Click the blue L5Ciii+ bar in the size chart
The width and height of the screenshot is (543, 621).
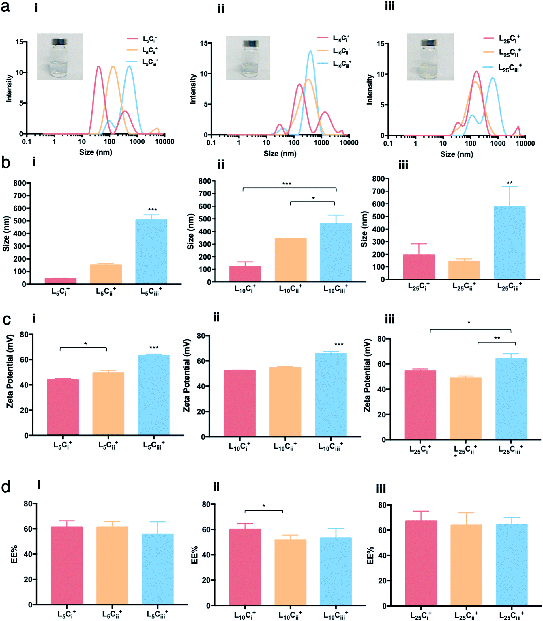[151, 251]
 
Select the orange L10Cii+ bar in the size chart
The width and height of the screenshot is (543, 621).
[290, 260]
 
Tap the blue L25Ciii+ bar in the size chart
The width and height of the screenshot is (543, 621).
[509, 243]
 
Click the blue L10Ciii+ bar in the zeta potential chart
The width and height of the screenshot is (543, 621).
[331, 395]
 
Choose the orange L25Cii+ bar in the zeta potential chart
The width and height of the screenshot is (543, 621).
[465, 409]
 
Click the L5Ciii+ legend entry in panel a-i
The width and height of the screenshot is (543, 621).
[143, 62]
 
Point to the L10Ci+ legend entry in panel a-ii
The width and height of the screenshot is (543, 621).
[334, 38]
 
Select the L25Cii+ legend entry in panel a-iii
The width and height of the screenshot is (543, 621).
[502, 53]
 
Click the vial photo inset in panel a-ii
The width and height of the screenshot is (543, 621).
[248, 58]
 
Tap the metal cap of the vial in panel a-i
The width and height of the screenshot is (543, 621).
[59, 42]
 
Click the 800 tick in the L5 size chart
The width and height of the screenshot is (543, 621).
[20, 183]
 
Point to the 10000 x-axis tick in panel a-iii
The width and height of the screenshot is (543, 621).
[525, 143]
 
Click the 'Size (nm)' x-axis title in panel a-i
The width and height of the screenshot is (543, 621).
[96, 152]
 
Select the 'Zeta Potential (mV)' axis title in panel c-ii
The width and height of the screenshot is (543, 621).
[187, 376]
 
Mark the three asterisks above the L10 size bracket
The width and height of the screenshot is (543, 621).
[287, 184]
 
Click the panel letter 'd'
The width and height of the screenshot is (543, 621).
[6, 487]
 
